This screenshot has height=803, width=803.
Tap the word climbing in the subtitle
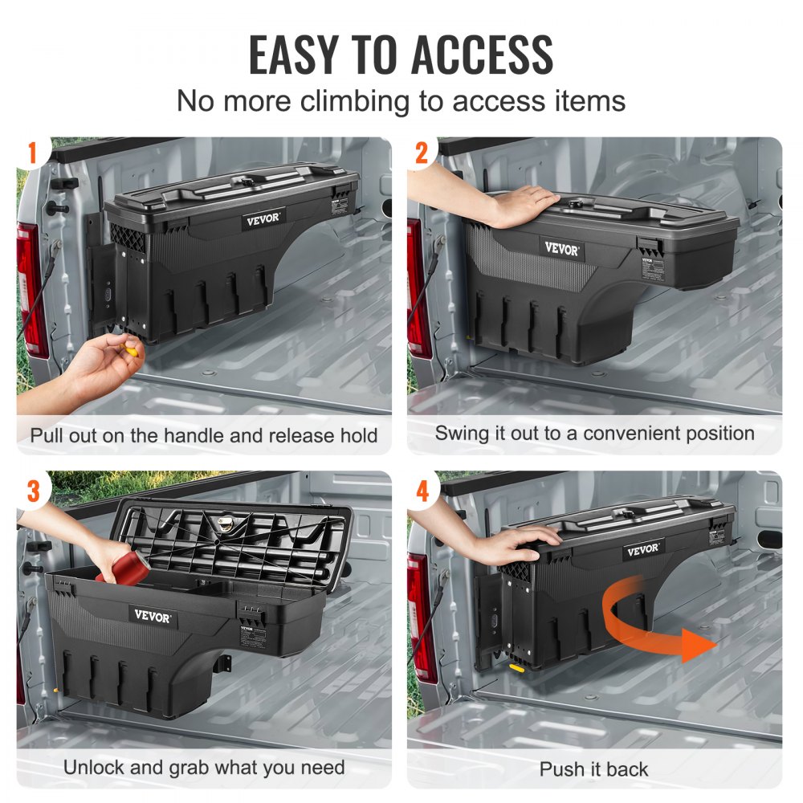[x=354, y=101]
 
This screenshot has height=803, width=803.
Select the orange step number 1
[x=33, y=153]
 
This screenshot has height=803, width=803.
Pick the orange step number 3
[x=33, y=490]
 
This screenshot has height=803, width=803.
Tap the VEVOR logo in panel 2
[x=562, y=249]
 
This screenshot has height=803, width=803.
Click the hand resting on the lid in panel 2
[x=514, y=205]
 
